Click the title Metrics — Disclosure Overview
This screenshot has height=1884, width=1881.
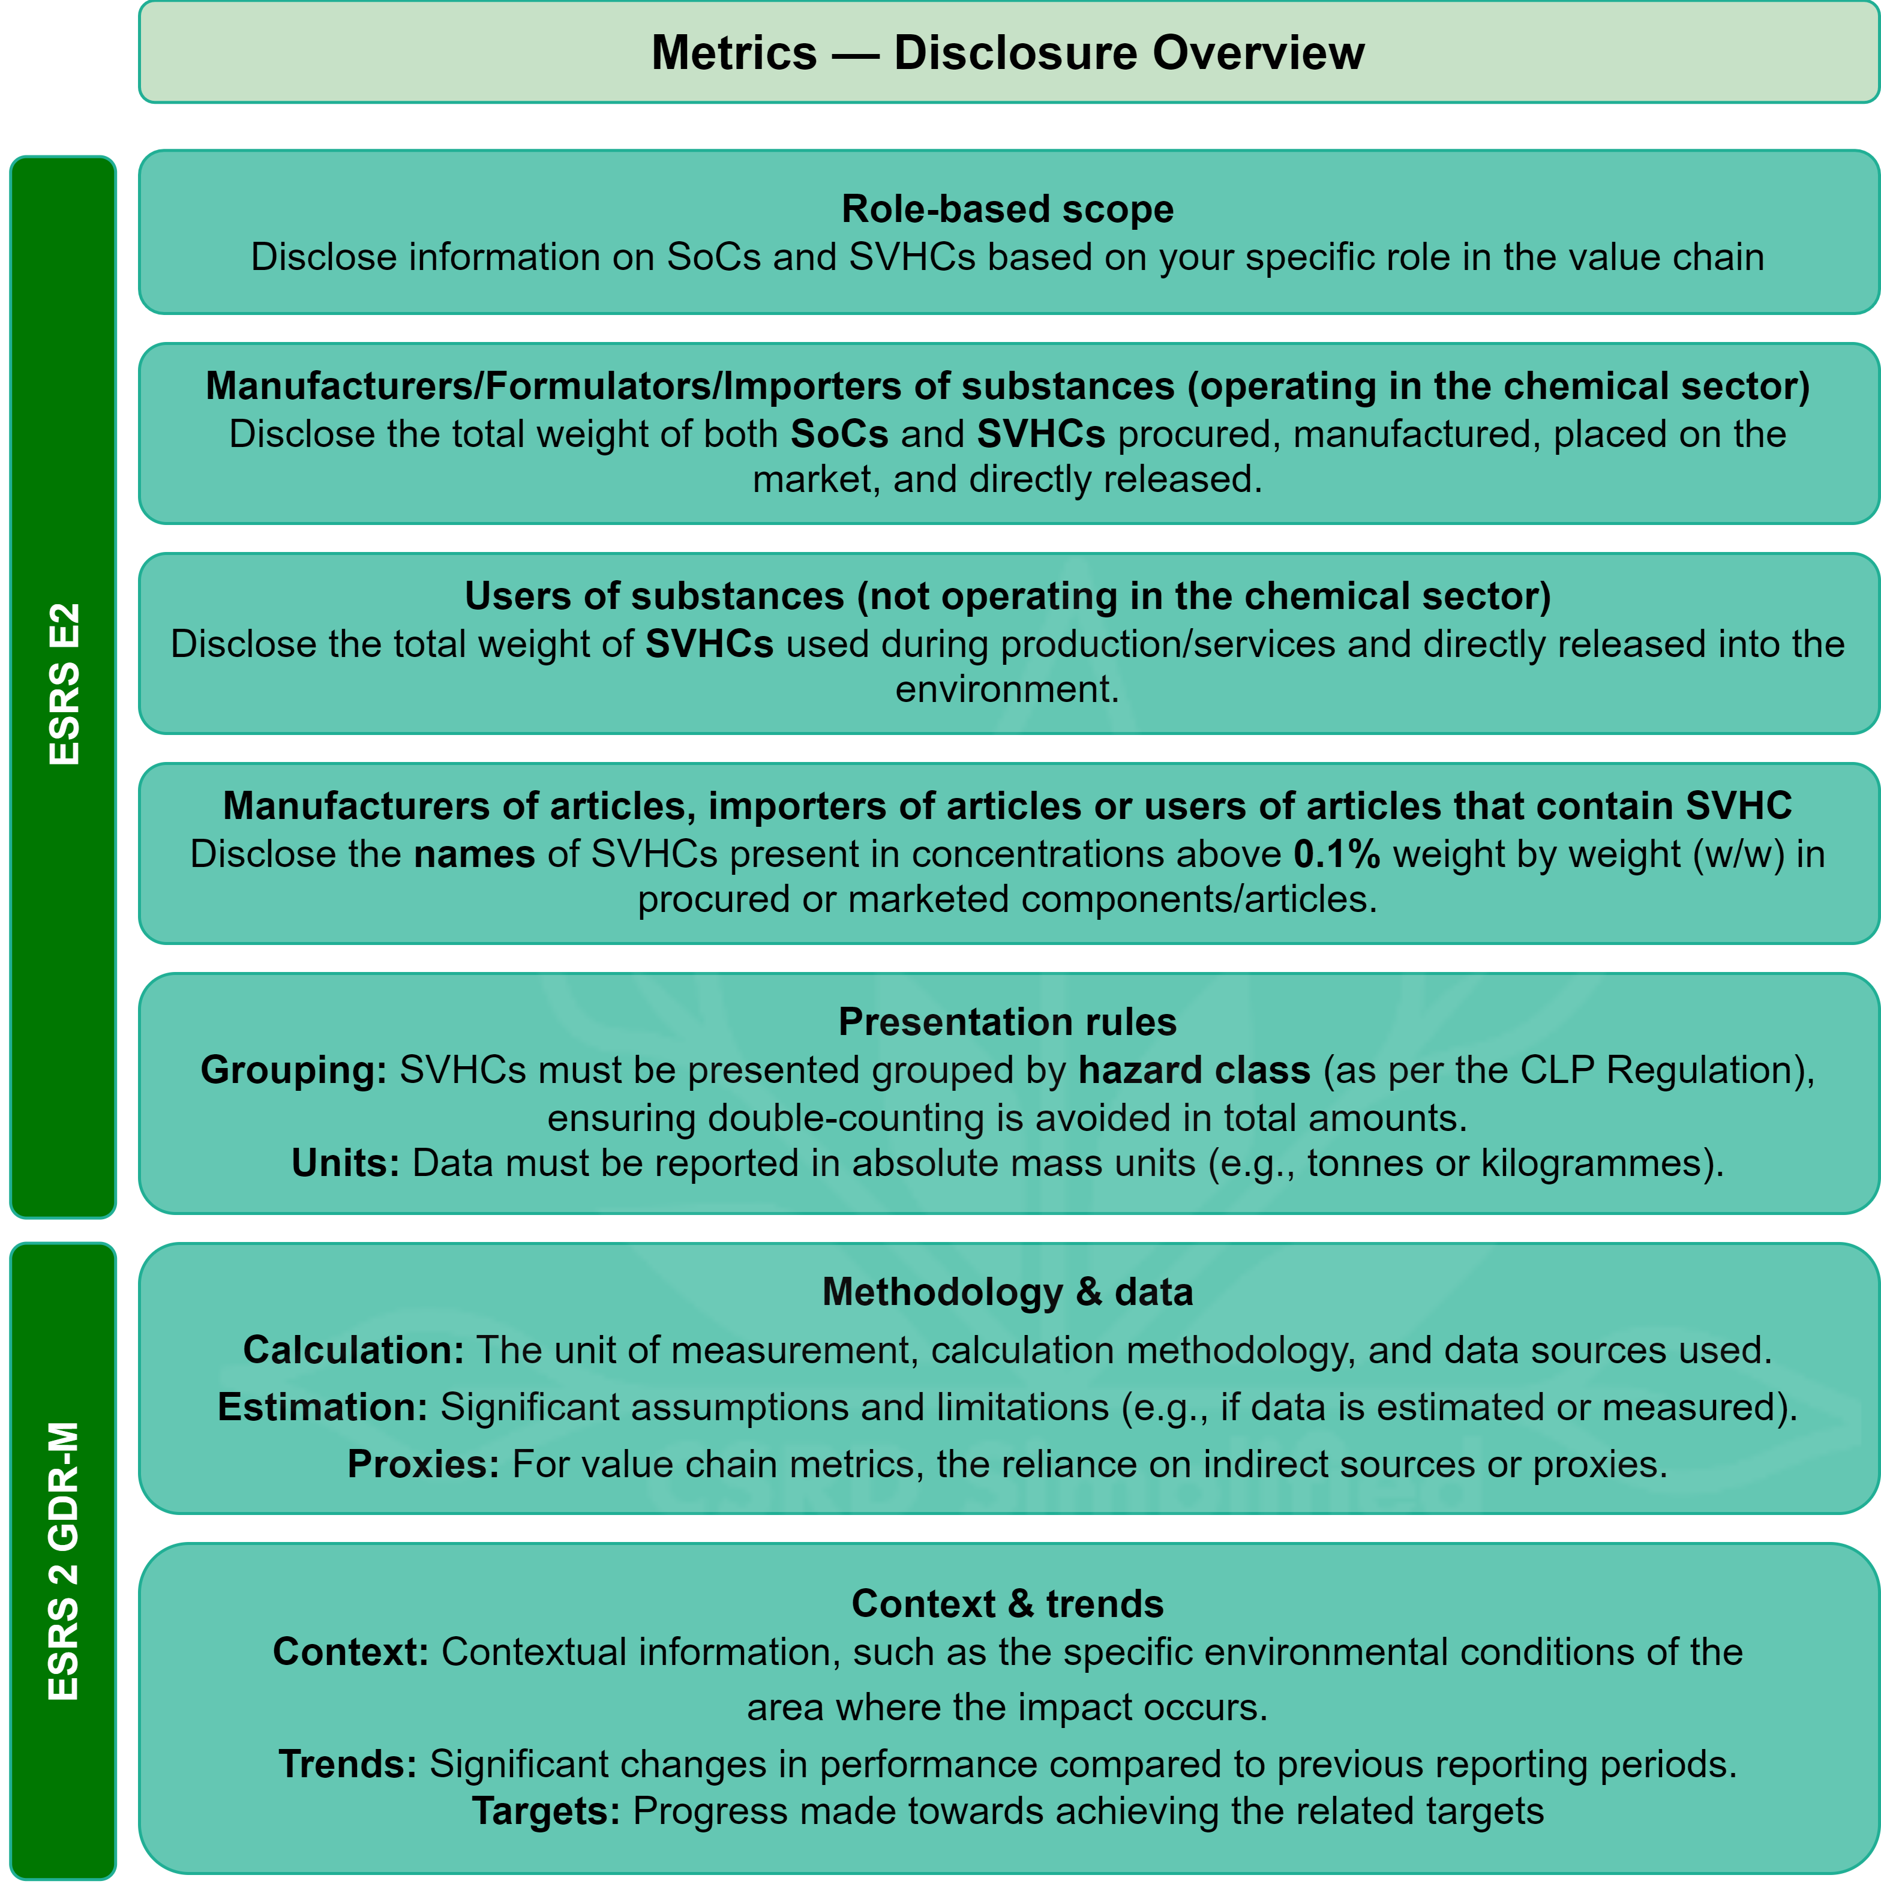coord(1007,53)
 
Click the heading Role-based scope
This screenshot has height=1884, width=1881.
coord(1007,209)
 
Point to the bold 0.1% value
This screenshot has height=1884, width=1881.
coord(1336,854)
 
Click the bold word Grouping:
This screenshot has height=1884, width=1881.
coord(293,1070)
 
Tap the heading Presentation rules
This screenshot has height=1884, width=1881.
coord(1007,1022)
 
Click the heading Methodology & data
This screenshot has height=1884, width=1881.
coord(1007,1292)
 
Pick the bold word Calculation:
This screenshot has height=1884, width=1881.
coord(353,1351)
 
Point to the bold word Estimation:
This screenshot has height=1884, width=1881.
coord(322,1407)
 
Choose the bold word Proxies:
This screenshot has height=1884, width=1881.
coord(423,1465)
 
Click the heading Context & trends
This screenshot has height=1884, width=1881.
coord(1007,1604)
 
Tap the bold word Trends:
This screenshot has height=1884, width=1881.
coord(347,1764)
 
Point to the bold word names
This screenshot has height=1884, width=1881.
coord(474,854)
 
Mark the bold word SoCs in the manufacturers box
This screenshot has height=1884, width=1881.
coord(839,434)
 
